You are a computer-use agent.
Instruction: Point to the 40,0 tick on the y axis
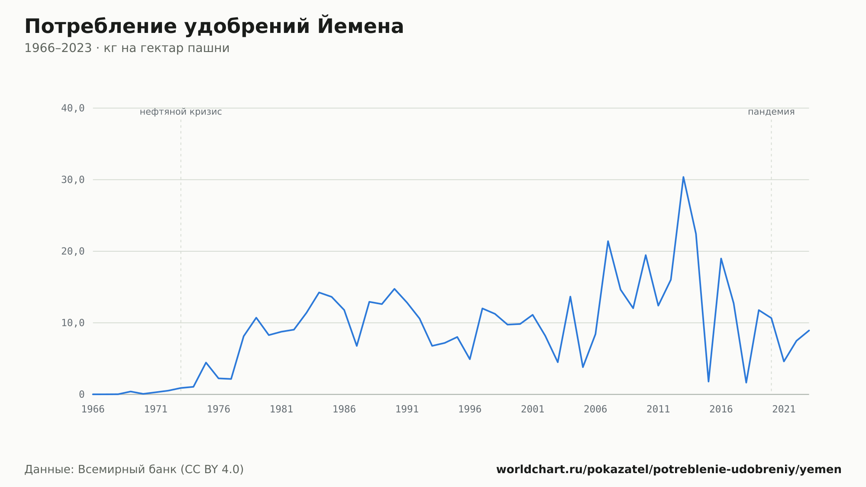coord(73,108)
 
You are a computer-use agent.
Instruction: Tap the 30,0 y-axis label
coord(73,180)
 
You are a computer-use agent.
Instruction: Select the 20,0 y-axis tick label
coord(73,251)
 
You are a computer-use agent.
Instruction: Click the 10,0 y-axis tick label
coord(73,323)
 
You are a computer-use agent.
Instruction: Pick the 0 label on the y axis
coord(82,394)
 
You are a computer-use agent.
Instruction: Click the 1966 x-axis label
coord(93,409)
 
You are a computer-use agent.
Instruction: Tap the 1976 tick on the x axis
coord(219,409)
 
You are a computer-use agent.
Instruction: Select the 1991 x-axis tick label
coord(407,409)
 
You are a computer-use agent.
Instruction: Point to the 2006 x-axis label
coord(595,409)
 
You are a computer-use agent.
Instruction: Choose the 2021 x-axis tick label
coord(784,409)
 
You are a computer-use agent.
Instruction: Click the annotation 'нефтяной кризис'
coord(181,112)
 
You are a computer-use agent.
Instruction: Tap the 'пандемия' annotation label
coord(771,112)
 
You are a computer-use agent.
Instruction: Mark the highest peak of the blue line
coord(683,177)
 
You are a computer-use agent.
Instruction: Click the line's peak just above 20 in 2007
coord(608,241)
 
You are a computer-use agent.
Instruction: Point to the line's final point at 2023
coord(809,331)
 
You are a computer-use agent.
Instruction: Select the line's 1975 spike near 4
coord(206,363)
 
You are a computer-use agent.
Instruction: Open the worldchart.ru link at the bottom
coord(669,469)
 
